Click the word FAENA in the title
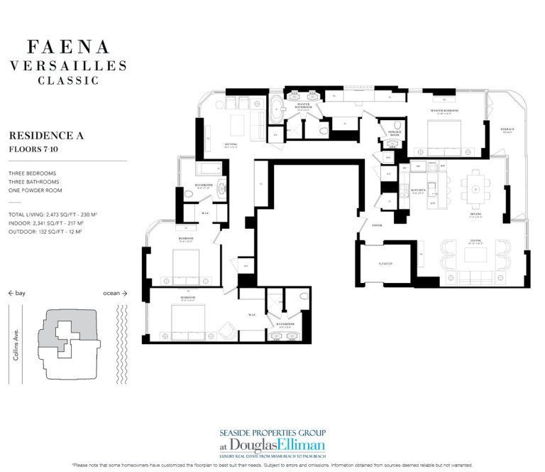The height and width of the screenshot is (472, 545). click(68, 48)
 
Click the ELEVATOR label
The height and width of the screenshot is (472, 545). click(385, 264)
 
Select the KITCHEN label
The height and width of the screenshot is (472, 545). click(417, 191)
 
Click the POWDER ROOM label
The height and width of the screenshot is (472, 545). click(395, 133)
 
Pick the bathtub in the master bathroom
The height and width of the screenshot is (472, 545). click(274, 114)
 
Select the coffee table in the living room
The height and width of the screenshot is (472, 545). click(473, 254)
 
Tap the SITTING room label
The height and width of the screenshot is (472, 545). click(231, 144)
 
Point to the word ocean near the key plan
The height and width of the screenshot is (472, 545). click(111, 292)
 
